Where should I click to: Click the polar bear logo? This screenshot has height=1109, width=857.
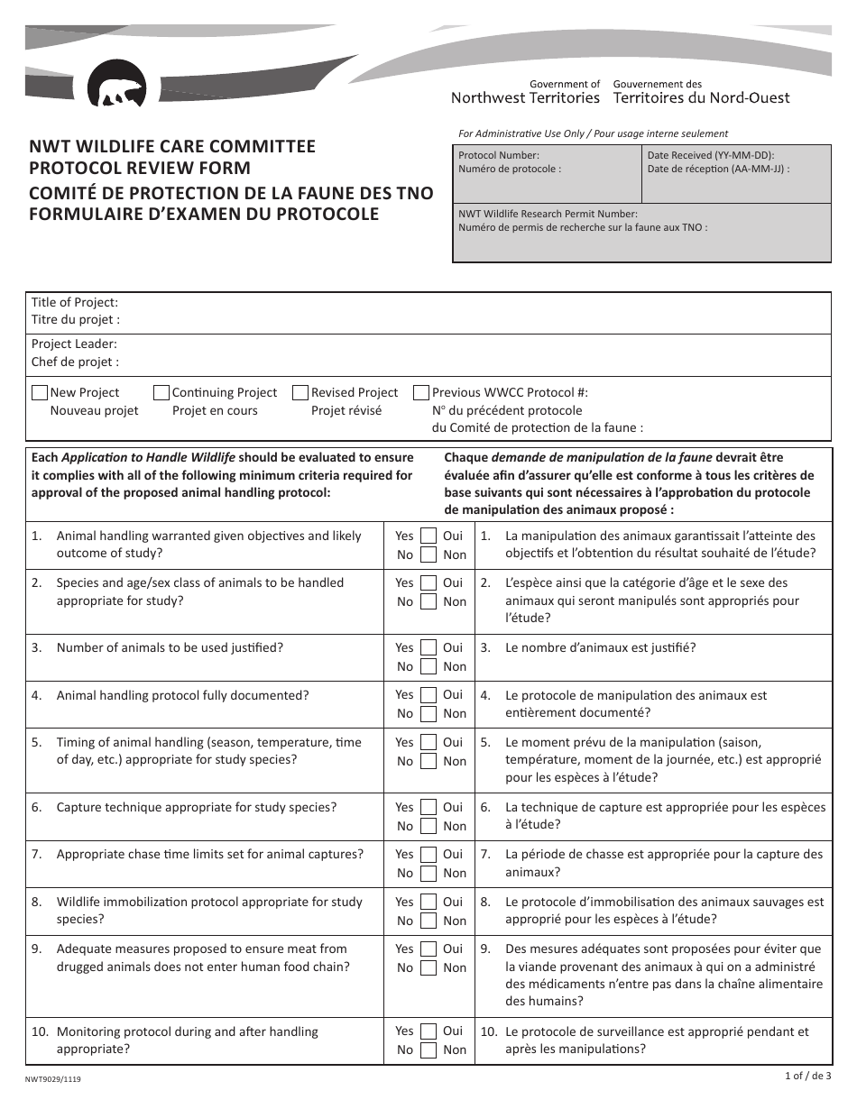[115, 85]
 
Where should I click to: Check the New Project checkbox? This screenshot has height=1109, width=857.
[40, 393]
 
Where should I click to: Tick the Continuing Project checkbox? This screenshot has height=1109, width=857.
[161, 393]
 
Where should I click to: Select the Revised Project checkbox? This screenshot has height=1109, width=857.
[300, 393]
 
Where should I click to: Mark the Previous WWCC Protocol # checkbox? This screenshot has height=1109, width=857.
[421, 393]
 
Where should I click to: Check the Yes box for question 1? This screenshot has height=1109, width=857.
[428, 536]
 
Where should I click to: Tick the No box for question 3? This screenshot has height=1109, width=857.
[428, 666]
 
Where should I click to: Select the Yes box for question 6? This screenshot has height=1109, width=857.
[428, 807]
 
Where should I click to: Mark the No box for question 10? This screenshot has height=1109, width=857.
[428, 1049]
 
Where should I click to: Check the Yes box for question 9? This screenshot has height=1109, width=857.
[428, 949]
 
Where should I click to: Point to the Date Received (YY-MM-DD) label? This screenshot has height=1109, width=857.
[711, 155]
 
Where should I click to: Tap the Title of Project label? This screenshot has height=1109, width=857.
[75, 303]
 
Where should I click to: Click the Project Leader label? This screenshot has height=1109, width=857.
[74, 344]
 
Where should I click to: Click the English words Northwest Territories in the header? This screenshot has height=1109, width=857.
[525, 97]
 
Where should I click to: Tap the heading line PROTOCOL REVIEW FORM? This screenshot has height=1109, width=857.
[141, 168]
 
